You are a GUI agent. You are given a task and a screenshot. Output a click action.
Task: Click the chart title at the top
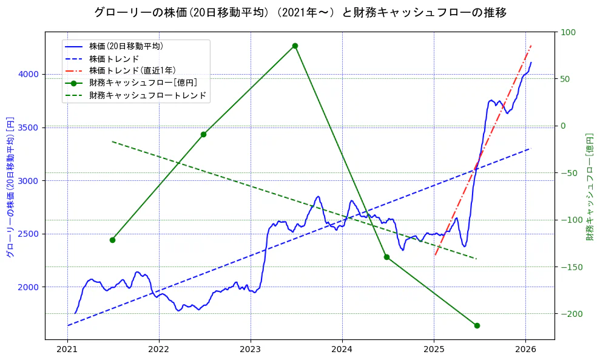coord(300,12)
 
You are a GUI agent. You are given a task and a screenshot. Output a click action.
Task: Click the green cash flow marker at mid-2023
coord(295,46)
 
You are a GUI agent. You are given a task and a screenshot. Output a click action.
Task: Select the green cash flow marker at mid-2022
coord(203,134)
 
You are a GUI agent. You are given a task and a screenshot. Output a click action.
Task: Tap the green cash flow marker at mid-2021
coord(112,240)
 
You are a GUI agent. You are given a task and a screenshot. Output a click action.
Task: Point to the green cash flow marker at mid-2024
coord(386,257)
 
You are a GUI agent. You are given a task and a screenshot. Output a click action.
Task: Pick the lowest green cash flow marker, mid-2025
coord(477,325)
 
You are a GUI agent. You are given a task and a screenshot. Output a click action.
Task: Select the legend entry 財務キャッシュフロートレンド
coord(147,95)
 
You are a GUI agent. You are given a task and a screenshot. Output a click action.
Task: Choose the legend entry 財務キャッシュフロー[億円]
coord(143,83)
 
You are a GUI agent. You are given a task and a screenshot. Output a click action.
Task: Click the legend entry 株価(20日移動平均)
coord(126,46)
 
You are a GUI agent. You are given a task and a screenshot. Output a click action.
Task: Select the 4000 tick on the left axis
coord(29,74)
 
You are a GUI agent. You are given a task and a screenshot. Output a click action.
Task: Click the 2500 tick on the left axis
coord(29,234)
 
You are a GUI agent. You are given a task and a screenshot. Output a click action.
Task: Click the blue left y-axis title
coord(10,186)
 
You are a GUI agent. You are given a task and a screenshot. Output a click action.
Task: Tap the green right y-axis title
coord(589,186)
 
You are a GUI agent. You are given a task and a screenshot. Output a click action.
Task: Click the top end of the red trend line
coord(531,45)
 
